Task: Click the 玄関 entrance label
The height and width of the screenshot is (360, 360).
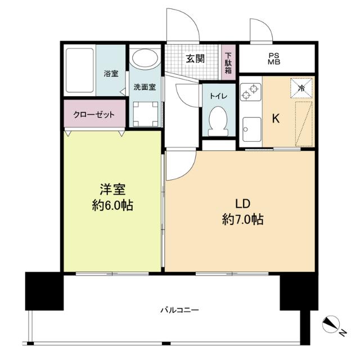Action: click(x=195, y=58)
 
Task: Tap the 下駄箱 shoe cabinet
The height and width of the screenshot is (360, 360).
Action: click(x=228, y=62)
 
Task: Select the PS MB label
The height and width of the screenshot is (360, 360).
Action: click(x=274, y=58)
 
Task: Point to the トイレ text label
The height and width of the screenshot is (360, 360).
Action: click(x=218, y=96)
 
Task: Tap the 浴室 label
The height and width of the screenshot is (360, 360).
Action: click(x=111, y=73)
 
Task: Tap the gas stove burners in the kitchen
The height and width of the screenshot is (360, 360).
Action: click(x=250, y=90)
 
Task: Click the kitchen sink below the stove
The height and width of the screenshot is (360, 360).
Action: click(x=250, y=131)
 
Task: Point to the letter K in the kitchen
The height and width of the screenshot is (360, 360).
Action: click(x=276, y=119)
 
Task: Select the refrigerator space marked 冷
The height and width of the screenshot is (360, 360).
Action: click(x=301, y=88)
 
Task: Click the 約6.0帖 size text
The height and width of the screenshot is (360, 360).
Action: click(x=113, y=206)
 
